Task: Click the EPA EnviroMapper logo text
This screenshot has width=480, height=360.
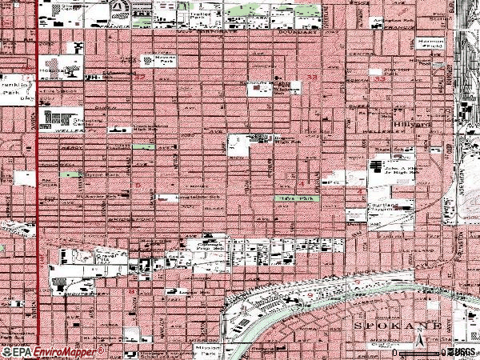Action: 38,351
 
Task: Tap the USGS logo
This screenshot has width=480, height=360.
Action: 462,351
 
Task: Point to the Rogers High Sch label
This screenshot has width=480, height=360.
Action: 280,141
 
